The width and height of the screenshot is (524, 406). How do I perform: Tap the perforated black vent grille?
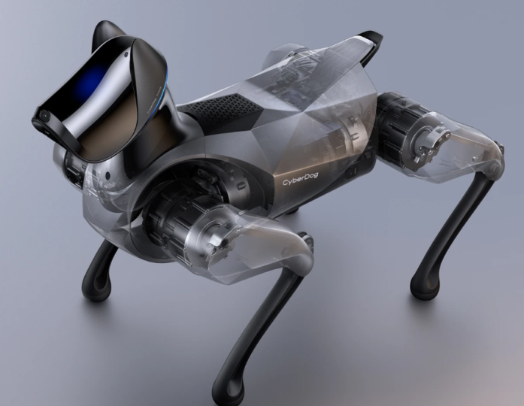[220, 105]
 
